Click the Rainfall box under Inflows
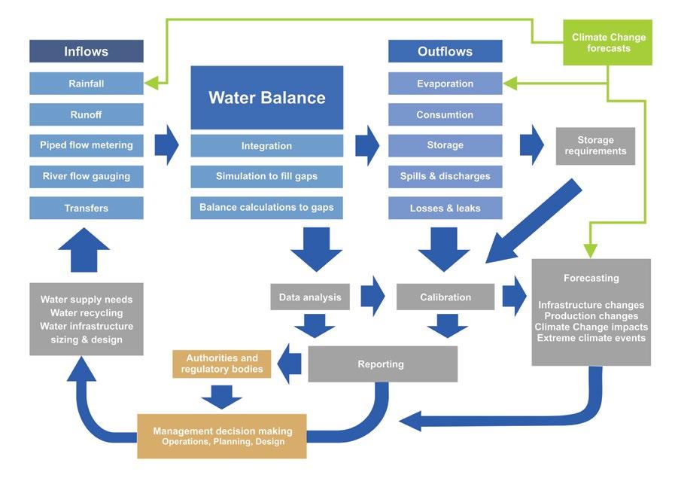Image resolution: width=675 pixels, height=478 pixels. tap(86, 84)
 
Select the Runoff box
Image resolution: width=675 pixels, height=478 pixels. tap(86, 114)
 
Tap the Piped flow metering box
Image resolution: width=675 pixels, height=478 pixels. tap(86, 145)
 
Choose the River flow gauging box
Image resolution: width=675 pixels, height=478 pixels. tap(86, 177)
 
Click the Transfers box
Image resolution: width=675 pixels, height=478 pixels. tap(86, 208)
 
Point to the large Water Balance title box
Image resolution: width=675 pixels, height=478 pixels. tap(267, 97)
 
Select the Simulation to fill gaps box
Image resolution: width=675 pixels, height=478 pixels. tap(267, 177)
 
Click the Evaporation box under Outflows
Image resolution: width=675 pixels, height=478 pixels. tap(445, 84)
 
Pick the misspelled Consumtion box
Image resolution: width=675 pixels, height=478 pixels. tap(445, 114)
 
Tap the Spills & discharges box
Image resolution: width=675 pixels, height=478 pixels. tap(445, 177)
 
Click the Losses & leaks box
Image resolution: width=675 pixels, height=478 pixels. tap(445, 208)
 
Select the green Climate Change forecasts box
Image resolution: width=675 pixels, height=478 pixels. tap(608, 43)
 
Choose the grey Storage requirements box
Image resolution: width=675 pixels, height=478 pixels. tap(595, 146)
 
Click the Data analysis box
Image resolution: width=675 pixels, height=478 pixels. tap(310, 297)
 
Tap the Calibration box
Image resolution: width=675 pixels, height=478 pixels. tap(445, 297)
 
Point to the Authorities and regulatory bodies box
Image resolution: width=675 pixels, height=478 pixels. tap(222, 364)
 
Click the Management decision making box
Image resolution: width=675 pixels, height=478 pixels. tap(222, 437)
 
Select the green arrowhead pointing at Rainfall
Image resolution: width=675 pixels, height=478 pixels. tap(151, 84)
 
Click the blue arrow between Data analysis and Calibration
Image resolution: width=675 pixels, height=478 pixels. tap(372, 297)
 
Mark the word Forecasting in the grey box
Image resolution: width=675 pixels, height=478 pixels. tap(591, 279)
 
